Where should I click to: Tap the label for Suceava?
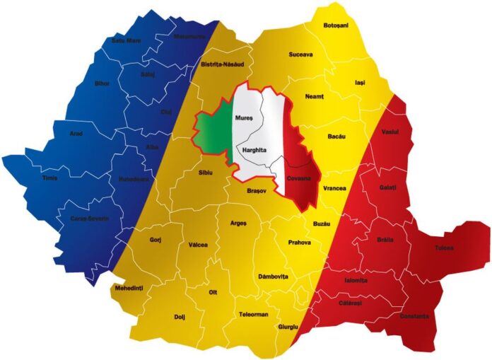301,54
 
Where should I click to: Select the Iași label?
361,83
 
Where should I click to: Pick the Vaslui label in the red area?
389,132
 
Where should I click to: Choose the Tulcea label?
445,248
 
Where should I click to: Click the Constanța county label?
414,316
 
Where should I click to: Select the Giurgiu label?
288,327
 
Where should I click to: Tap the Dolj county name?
179,317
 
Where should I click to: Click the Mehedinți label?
129,289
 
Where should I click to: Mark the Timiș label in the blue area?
49,178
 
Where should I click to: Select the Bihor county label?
102,83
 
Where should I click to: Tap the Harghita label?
254,151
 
